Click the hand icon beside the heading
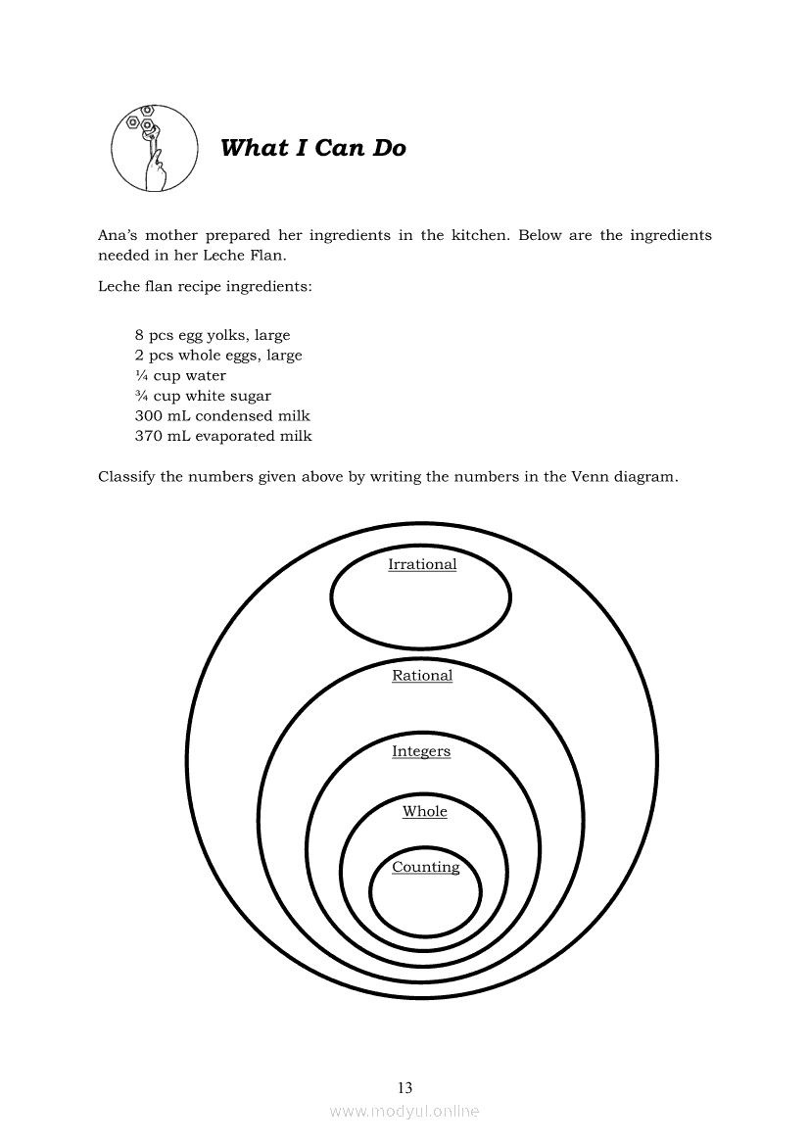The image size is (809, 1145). point(148,149)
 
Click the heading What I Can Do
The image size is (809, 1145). point(313,148)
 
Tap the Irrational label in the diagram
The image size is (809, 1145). point(422,564)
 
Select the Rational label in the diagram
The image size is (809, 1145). point(422,676)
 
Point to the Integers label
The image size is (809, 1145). point(421,751)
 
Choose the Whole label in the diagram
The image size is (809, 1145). point(425,811)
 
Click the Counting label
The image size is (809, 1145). point(425,867)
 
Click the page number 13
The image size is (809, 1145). point(404,1087)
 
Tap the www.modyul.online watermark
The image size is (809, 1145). point(404,1111)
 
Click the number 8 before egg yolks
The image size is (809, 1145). point(139,335)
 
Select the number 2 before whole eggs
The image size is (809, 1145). point(139,356)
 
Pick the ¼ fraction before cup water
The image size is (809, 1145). point(141,376)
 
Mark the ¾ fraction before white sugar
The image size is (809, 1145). point(141,396)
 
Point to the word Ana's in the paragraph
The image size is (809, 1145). point(118,235)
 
